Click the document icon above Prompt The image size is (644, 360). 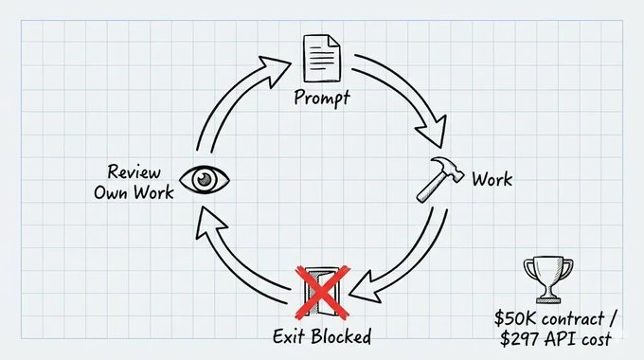point(322,58)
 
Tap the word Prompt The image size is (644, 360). point(322,98)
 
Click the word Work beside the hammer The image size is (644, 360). point(492,179)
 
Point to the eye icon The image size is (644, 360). point(205,180)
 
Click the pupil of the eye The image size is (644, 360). point(205,179)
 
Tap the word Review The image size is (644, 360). point(134,171)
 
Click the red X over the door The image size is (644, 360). point(322,292)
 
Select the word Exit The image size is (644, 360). point(289,336)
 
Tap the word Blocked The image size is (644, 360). point(341,336)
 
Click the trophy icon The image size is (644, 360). point(548,279)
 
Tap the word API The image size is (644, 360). point(560,339)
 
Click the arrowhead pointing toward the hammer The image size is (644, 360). point(431,132)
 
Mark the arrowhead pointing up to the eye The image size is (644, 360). point(209,223)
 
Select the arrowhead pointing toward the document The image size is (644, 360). point(276,71)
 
